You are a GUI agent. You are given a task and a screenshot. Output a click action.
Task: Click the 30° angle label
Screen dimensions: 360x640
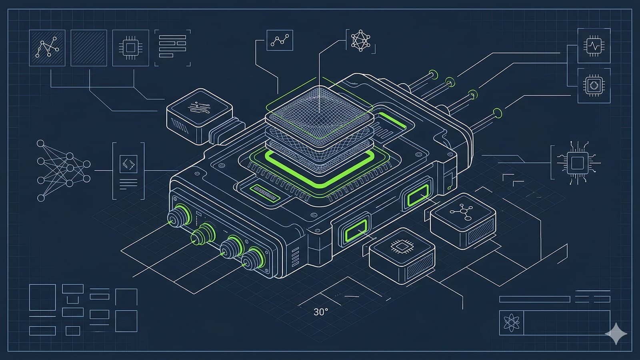[x=321, y=312]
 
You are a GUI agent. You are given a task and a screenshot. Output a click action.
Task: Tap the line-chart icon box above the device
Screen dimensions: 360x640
[x=280, y=40]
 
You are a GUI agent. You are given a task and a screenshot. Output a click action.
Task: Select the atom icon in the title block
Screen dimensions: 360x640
[x=511, y=323]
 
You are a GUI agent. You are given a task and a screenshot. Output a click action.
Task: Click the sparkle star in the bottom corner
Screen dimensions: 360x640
[x=616, y=333]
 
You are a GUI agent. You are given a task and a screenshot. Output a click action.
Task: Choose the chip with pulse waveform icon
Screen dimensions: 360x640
[x=594, y=45]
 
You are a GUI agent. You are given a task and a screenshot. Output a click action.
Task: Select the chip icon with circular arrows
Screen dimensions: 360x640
[x=594, y=85]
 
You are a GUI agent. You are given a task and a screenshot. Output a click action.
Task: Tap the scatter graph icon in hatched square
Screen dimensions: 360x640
[x=47, y=48]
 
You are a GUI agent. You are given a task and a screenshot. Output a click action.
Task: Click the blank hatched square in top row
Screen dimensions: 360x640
[x=89, y=48]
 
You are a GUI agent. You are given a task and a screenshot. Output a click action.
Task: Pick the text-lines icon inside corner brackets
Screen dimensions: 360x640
[x=172, y=47]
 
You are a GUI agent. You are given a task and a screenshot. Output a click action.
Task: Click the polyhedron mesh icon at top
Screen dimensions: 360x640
[x=360, y=41]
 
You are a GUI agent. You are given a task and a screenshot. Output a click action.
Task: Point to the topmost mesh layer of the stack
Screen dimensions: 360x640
[x=319, y=105]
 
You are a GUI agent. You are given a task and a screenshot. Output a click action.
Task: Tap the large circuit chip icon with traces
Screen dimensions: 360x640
[x=576, y=163]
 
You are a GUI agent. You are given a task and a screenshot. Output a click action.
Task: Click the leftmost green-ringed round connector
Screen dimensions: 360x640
[x=176, y=216]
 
